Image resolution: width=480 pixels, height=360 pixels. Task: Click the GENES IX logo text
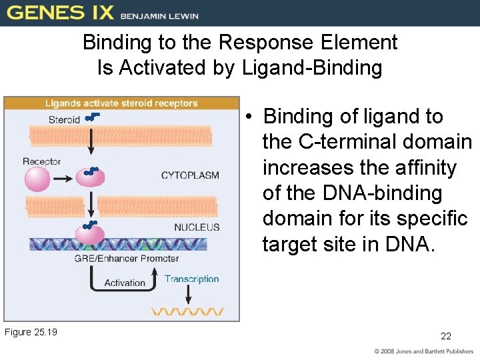click(60, 13)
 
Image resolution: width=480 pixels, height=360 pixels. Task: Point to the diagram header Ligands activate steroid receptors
click(121, 103)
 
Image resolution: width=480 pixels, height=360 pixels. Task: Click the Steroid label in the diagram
click(64, 120)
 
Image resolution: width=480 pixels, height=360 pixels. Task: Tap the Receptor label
click(41, 161)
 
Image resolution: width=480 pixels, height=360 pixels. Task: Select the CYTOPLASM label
click(190, 175)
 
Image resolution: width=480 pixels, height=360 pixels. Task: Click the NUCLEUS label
click(197, 227)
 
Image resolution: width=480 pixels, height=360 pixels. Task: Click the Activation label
click(125, 283)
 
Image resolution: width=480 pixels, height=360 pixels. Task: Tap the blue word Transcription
click(191, 279)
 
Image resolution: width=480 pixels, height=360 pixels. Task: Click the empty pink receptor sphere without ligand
click(37, 179)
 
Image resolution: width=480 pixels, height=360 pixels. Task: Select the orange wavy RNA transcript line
click(187, 311)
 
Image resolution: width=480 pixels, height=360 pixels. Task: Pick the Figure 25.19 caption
click(31, 332)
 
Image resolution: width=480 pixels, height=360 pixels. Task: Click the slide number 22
click(446, 336)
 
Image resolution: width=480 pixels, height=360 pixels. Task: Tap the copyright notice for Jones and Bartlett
click(422, 351)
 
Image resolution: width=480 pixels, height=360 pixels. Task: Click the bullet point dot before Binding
click(247, 117)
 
